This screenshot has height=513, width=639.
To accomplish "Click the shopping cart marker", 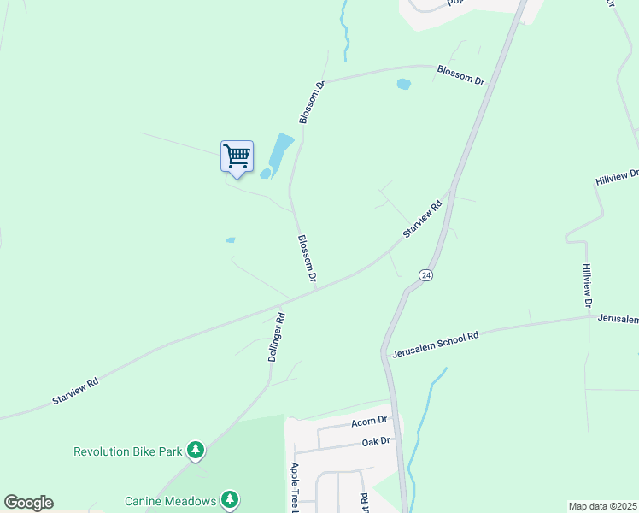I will [237, 157].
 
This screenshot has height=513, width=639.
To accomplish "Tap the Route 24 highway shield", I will [425, 275].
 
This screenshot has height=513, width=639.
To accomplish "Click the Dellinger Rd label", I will [275, 338].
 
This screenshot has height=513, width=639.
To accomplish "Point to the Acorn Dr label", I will [369, 422].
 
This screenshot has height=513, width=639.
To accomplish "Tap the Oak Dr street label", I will [375, 441].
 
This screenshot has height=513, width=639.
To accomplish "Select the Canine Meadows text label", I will [170, 501].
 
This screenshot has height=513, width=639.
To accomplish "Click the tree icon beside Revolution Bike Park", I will [196, 451].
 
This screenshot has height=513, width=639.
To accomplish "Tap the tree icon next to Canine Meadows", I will [228, 499].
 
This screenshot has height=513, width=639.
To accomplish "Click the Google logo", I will [28, 503].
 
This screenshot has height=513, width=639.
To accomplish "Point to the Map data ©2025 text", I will [602, 506].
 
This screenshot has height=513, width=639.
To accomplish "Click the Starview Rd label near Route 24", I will [422, 220].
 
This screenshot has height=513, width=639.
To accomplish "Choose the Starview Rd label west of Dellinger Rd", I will [75, 392].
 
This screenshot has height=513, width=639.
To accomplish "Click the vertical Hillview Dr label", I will [587, 285].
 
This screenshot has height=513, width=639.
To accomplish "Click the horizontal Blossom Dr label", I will [460, 75].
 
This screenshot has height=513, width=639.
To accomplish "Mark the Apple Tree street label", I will [294, 488].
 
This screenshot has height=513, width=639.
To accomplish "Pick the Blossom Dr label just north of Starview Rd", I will [306, 259].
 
